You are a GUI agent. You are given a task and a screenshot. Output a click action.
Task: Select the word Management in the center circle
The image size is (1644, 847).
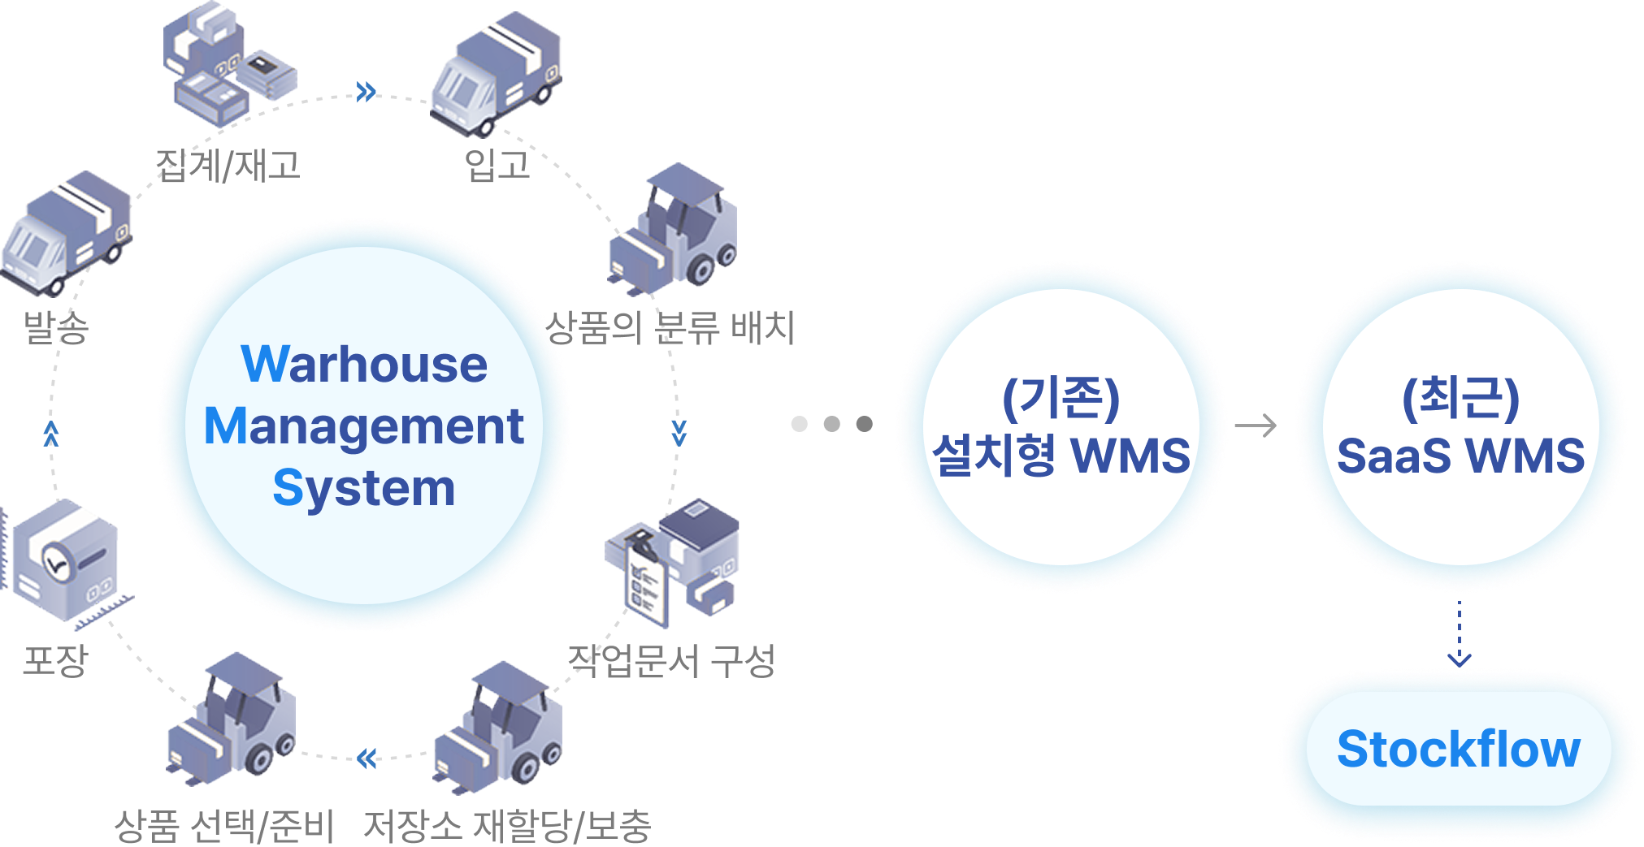click(x=364, y=426)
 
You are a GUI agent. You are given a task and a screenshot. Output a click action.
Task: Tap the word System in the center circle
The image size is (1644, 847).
click(x=364, y=488)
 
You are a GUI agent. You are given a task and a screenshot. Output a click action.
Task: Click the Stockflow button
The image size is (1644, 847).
click(x=1459, y=749)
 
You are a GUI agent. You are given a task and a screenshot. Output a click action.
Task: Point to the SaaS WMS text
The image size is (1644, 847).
click(x=1460, y=456)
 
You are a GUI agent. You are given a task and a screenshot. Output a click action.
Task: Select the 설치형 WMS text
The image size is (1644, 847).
click(x=1061, y=456)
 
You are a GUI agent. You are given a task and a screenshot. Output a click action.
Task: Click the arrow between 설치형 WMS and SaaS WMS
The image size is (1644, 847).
click(x=1256, y=426)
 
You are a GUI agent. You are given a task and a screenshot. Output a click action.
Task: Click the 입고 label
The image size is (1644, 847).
click(x=497, y=165)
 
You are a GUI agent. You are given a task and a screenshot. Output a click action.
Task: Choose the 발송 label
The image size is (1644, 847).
click(x=55, y=327)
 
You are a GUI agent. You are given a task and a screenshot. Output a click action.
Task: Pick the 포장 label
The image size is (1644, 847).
click(x=54, y=659)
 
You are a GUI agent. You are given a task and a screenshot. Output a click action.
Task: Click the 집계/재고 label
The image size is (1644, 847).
click(x=228, y=165)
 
